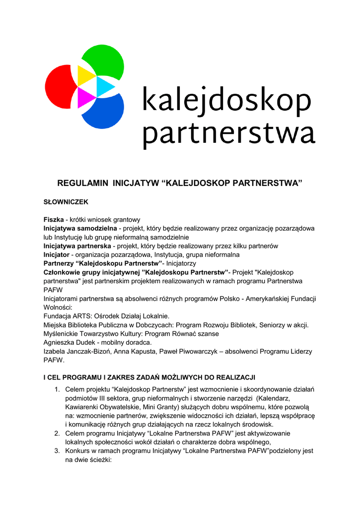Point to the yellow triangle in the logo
[85, 76]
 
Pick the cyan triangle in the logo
[104, 86]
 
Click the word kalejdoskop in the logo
[226, 101]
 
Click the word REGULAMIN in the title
[83, 184]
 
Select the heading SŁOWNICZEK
[66, 202]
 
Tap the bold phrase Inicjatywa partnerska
[77, 246]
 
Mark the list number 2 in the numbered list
[57, 433]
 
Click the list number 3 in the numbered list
[57, 451]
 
